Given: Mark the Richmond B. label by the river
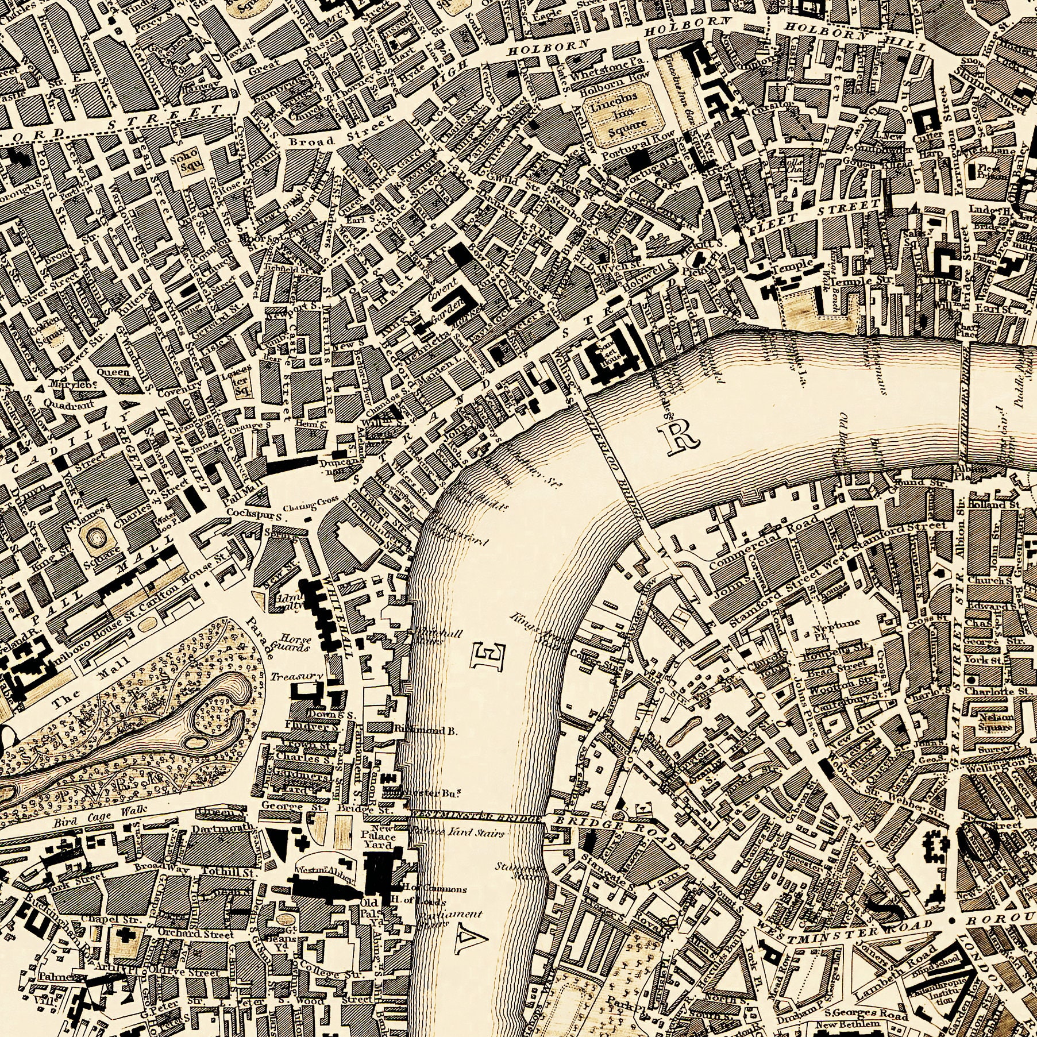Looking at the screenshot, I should (x=426, y=731).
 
